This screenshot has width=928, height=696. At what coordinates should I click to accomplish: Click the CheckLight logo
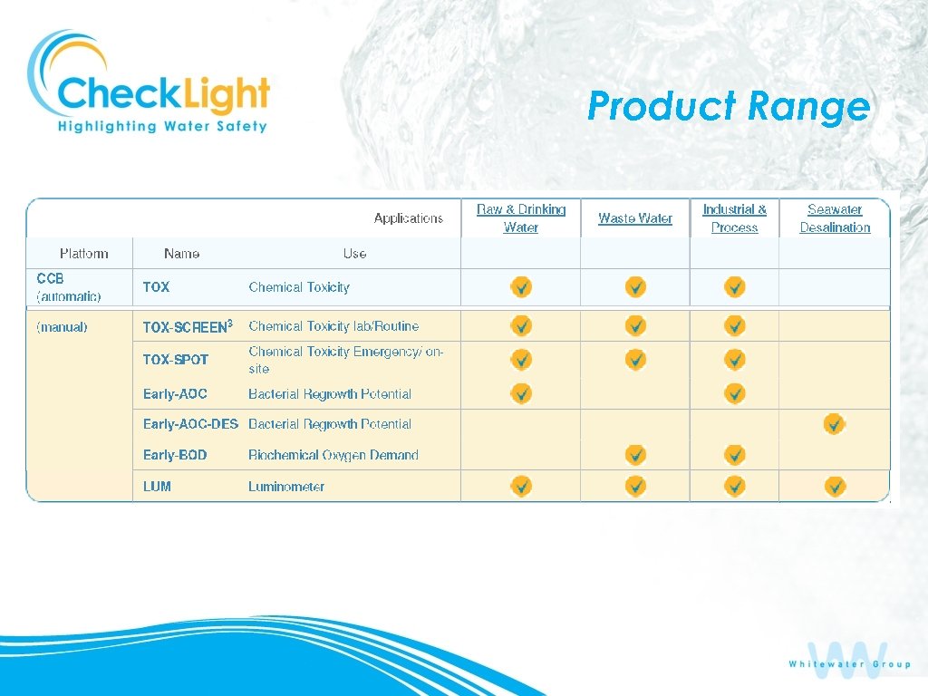tap(150, 83)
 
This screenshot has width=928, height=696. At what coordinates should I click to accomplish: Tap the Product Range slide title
tap(729, 106)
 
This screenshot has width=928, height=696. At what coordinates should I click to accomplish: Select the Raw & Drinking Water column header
tap(521, 218)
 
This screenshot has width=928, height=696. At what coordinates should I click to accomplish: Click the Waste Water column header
tap(635, 218)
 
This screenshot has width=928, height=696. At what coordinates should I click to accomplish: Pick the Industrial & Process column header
tap(734, 218)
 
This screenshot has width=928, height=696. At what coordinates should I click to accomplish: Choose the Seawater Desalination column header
tap(835, 218)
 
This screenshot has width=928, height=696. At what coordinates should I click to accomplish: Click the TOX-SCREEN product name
tap(188, 326)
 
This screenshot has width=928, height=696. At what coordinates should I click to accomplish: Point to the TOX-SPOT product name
tap(176, 360)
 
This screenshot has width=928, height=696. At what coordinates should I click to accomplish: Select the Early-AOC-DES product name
tap(190, 424)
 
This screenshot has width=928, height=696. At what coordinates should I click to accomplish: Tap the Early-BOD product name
tap(175, 455)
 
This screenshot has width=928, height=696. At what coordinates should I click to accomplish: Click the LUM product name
tap(157, 487)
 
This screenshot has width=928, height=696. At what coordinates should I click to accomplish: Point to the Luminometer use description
tap(286, 487)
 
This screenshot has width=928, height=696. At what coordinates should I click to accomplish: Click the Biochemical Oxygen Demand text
tap(333, 455)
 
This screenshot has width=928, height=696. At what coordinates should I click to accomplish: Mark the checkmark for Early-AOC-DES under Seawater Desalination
tap(835, 423)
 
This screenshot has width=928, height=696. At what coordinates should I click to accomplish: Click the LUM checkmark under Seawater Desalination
tap(835, 487)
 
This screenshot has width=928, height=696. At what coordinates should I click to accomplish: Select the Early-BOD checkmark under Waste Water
tap(636, 454)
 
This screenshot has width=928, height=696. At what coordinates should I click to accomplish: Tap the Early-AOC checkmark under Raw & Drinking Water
tap(521, 393)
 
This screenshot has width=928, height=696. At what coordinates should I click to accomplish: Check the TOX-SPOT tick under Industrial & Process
tap(735, 359)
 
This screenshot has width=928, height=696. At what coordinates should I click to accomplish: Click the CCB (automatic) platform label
tap(69, 287)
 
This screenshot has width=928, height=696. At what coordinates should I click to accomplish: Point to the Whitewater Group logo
tap(849, 660)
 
